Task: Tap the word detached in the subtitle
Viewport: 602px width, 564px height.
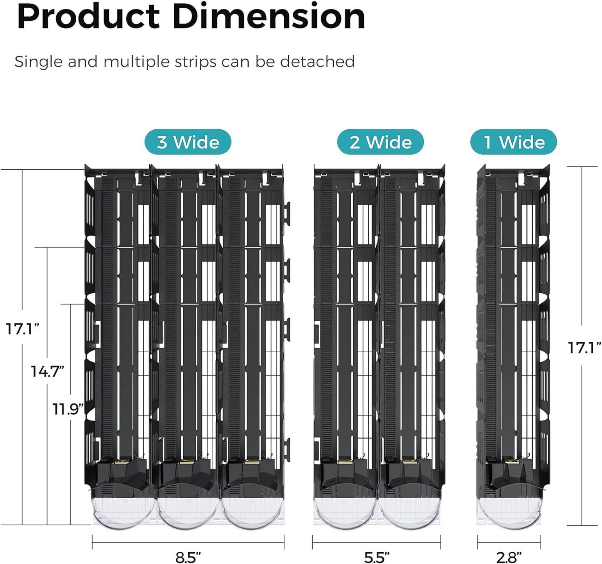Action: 317,62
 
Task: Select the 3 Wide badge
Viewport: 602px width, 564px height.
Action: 188,142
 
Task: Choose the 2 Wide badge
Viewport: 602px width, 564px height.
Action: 380,142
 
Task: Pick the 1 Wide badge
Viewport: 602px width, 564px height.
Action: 514,142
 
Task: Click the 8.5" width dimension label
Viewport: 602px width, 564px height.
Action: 188,557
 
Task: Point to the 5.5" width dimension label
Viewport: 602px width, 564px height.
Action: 377,557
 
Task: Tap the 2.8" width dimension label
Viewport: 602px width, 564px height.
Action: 509,557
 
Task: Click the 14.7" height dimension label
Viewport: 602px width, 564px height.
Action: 47,371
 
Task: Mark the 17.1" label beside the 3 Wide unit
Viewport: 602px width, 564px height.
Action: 22,329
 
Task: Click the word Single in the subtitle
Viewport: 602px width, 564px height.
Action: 38,62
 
